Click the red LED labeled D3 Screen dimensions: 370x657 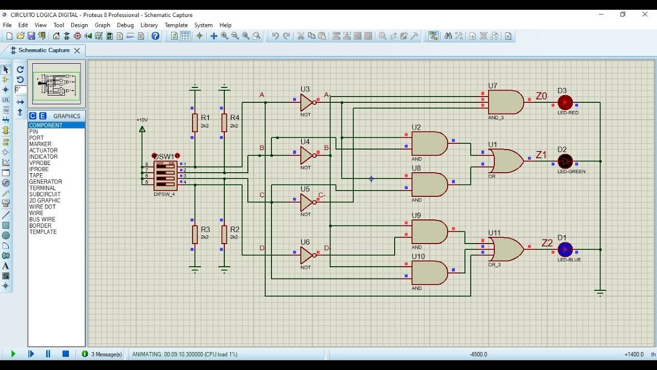click(565, 102)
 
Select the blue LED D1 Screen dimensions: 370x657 click(565, 249)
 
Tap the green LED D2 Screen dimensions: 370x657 click(565, 161)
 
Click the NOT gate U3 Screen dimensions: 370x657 click(307, 102)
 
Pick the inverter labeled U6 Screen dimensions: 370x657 click(307, 255)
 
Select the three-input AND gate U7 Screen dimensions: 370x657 click(505, 102)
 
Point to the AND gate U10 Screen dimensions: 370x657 click(429, 273)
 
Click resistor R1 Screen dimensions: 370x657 click(195, 123)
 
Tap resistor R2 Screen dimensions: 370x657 click(224, 234)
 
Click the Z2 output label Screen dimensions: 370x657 click(547, 243)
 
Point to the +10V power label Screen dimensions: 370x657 click(142, 120)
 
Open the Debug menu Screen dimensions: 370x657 click(125, 25)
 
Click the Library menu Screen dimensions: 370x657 click(149, 25)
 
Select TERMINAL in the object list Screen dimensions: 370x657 click(43, 188)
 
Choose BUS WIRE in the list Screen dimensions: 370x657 click(42, 219)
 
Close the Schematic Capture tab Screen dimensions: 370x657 click(77, 50)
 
